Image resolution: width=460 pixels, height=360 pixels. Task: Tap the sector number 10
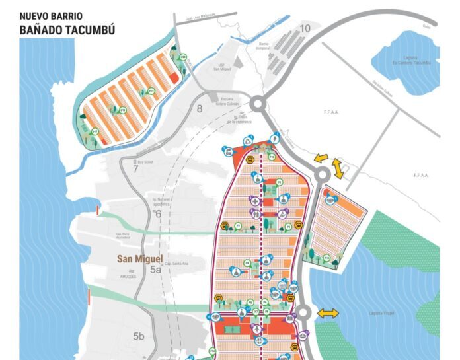tap(304, 28)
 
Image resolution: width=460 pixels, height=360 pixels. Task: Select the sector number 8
tap(199, 109)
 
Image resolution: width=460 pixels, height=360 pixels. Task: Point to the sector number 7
tap(135, 168)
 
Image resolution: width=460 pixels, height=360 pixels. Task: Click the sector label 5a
tap(155, 270)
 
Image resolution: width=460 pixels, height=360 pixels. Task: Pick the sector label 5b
tap(138, 336)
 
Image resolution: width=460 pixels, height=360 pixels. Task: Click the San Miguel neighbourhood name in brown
tap(139, 258)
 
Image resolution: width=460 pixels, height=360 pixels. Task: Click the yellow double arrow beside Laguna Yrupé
tap(327, 313)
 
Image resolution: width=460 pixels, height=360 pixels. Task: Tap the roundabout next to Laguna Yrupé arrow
tap(303, 312)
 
